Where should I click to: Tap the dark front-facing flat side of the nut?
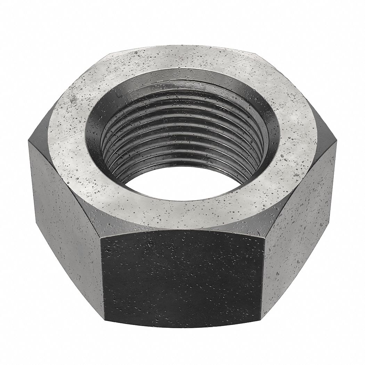[182, 278]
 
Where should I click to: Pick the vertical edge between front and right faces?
[263, 275]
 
